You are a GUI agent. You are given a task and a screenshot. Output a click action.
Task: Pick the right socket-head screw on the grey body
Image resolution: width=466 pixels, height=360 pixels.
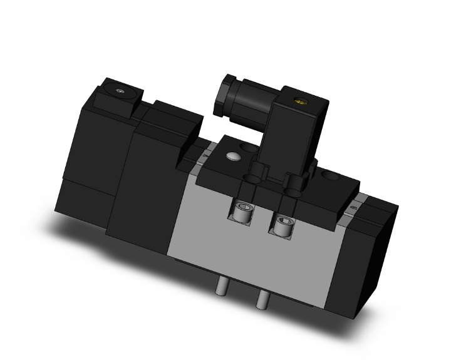tap(282, 223)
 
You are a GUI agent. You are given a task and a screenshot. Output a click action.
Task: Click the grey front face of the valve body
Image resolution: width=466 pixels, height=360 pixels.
tap(207, 232)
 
